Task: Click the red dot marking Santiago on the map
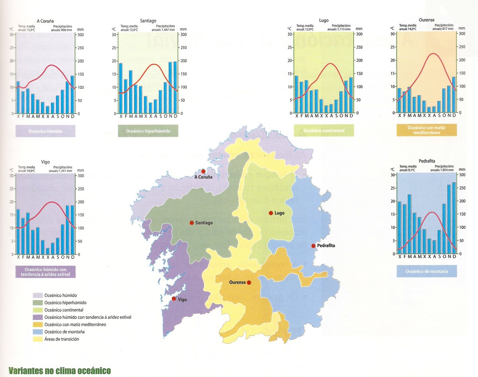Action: (x=192, y=223)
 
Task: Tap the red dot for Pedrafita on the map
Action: (x=313, y=246)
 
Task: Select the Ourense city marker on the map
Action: (x=249, y=282)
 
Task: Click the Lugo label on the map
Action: (x=279, y=213)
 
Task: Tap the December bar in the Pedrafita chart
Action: (x=454, y=218)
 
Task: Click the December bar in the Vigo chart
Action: (x=72, y=230)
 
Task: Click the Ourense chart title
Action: (x=427, y=20)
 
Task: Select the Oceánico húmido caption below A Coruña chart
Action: (x=45, y=131)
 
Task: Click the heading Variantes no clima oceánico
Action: (x=59, y=371)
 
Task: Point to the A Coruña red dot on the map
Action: (x=203, y=171)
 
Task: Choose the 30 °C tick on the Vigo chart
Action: (x=12, y=176)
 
